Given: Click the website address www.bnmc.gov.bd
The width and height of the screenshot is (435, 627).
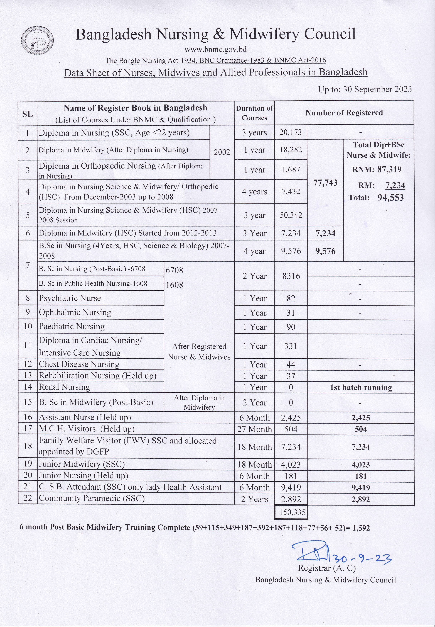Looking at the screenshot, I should (216, 49).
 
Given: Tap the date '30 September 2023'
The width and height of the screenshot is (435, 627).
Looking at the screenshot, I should (377, 89).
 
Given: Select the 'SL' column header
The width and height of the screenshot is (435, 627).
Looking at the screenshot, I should (28, 114).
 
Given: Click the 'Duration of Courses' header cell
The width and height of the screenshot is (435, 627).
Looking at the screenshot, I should (254, 113).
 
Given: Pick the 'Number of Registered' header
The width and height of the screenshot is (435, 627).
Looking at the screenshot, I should (344, 113).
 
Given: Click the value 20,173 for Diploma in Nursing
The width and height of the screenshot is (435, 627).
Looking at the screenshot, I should (291, 133).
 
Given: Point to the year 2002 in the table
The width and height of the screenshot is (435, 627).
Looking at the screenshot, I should (222, 152).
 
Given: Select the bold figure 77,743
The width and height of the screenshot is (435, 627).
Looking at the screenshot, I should (325, 183).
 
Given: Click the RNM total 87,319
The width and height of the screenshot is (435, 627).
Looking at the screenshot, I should (389, 169).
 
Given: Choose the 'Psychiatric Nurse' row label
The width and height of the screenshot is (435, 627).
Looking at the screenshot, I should (70, 298).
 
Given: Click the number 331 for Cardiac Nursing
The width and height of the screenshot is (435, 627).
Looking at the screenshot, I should (291, 346).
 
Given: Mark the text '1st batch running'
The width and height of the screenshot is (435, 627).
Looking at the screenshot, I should (361, 388).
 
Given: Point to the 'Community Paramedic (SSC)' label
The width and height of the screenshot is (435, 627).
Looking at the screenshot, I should (92, 498).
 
